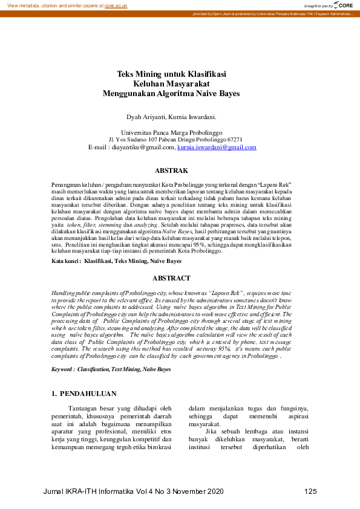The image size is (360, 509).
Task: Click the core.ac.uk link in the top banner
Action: coord(116,5)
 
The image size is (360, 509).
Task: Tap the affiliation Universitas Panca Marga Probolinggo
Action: coord(172,132)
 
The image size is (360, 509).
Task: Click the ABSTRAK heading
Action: coord(172,171)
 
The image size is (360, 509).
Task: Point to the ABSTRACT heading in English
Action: coord(171,279)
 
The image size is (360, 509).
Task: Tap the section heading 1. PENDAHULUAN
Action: coord(83,394)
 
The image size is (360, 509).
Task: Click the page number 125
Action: coord(310,491)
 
